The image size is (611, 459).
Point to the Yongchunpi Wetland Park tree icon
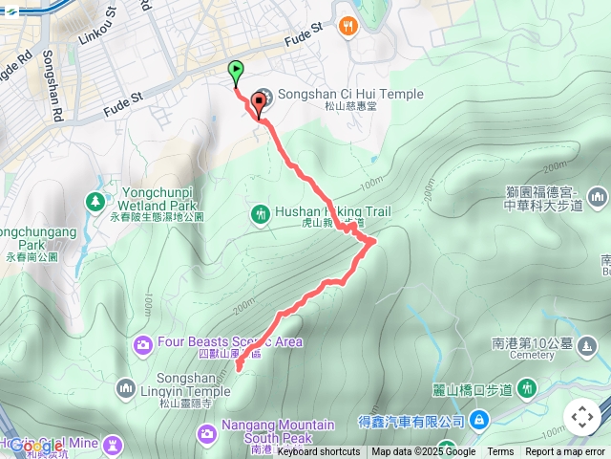point(95,202)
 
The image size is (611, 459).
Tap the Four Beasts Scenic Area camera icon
point(143,343)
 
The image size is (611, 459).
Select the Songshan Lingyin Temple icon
point(125,388)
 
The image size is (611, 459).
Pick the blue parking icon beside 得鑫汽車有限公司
point(478,420)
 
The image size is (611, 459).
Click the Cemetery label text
point(532,354)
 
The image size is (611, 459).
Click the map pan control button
point(581,417)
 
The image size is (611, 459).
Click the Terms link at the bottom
point(500,452)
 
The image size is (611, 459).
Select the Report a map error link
point(565,452)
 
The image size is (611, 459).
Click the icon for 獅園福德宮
point(599,197)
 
